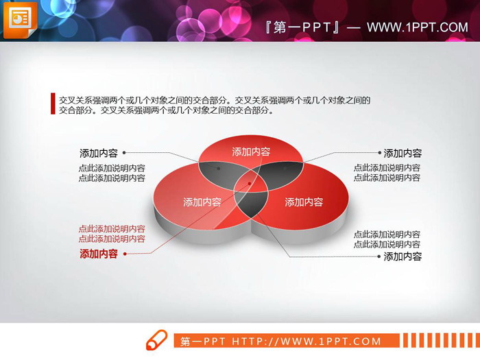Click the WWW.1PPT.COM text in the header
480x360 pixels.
tap(417, 27)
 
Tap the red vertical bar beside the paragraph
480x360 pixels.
tap(53, 104)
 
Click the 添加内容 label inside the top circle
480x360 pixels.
tap(251, 152)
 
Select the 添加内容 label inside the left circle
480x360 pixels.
tap(202, 202)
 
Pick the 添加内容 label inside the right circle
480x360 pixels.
tap(304, 202)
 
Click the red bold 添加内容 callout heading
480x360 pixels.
tap(98, 254)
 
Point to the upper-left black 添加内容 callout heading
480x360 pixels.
tap(98, 153)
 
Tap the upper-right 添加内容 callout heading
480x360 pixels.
tap(403, 154)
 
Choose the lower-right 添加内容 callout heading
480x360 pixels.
tap(403, 256)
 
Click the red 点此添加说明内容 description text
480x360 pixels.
tap(112, 234)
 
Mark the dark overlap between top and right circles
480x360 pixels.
tap(283, 167)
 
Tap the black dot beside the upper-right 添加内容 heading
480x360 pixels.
tap(378, 153)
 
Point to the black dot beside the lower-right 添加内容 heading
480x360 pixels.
tap(378, 256)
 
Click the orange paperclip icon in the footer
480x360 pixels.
tap(156, 340)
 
